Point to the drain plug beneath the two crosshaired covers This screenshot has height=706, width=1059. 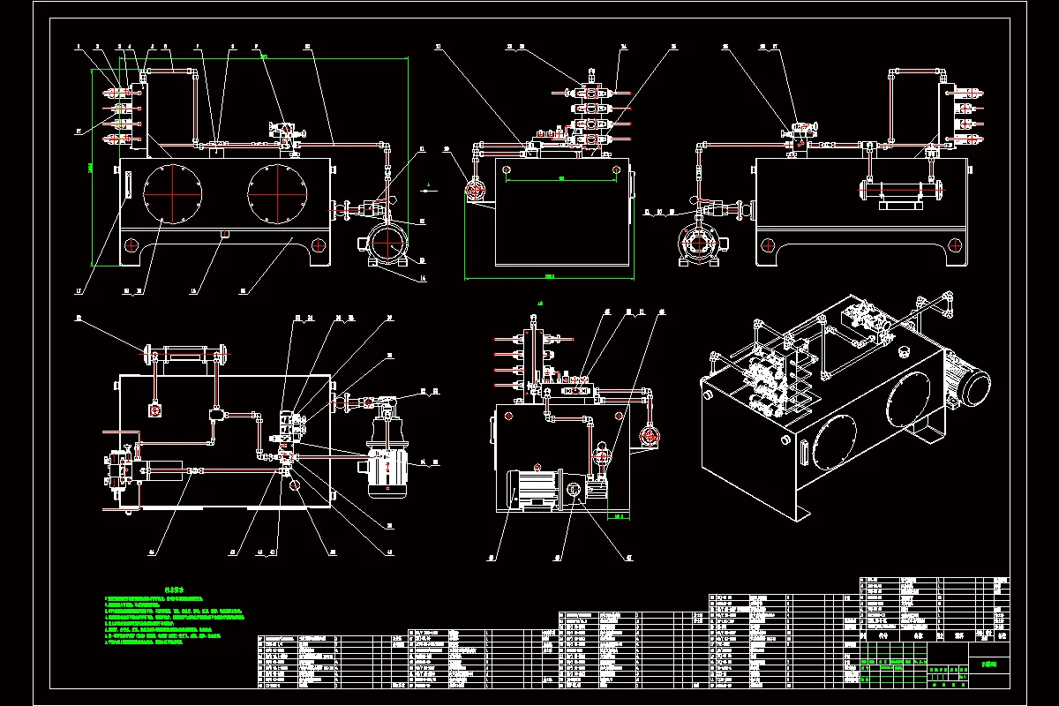pos(222,234)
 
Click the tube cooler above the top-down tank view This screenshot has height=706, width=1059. pos(184,355)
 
